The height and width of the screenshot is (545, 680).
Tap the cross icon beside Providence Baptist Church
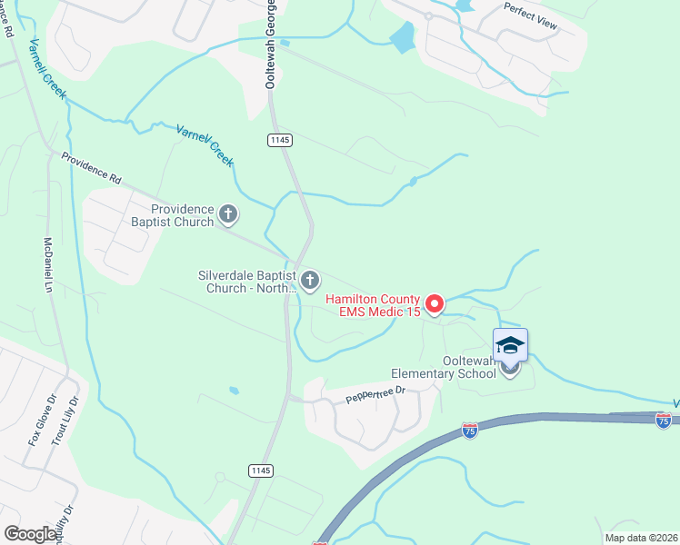coord(227,215)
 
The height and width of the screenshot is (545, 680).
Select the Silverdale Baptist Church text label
coord(247,281)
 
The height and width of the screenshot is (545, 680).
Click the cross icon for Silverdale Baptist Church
coord(311,281)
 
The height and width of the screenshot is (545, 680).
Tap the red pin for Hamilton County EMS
coord(435,303)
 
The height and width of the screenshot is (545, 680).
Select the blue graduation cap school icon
coord(510,345)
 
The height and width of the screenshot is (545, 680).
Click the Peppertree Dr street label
coord(375,393)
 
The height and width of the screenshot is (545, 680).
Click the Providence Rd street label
coord(91,168)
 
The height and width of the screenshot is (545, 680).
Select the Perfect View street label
coord(530,16)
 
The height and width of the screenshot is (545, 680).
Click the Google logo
coord(31,534)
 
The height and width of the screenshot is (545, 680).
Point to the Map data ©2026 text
coord(641,538)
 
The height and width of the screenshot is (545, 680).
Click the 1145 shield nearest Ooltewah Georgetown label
coord(280,139)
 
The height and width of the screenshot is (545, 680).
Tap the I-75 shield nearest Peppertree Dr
coord(470,428)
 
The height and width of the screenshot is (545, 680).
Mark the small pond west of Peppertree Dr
coord(235,391)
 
